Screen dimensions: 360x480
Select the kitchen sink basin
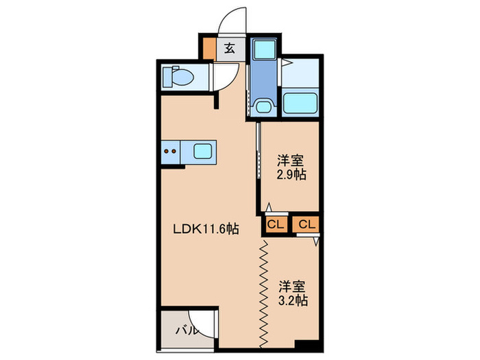tap(204, 150)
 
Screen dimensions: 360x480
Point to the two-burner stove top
tap(170, 150)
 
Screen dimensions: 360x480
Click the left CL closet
tap(274, 224)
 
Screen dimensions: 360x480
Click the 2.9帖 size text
tap(291, 175)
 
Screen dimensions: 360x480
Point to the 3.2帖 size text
tap(292, 300)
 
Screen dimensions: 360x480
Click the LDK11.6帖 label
tap(205, 230)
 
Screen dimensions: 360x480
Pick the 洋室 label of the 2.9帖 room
tap(291, 161)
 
